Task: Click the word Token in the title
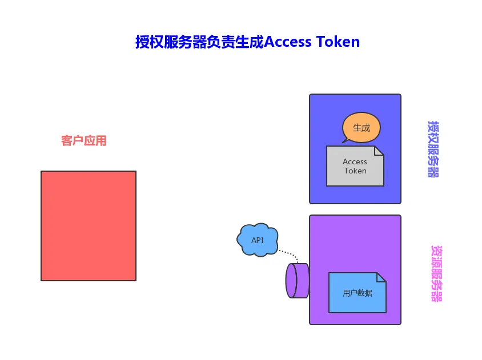pyautogui.click(x=338, y=42)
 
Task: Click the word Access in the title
pyautogui.click(x=288, y=42)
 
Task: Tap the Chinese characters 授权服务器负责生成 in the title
pyautogui.click(x=199, y=42)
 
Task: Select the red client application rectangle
pyautogui.click(x=89, y=226)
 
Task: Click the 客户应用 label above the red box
pyautogui.click(x=84, y=141)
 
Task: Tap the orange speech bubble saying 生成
pyautogui.click(x=361, y=127)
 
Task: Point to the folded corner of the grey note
pyautogui.click(x=379, y=151)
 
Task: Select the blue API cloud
pyautogui.click(x=258, y=240)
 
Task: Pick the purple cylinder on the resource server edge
pyautogui.click(x=298, y=281)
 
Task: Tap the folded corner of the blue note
pyautogui.click(x=381, y=277)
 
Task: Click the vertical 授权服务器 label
pyautogui.click(x=433, y=149)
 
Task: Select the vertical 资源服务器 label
pyautogui.click(x=436, y=274)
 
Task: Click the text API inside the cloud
pyautogui.click(x=258, y=240)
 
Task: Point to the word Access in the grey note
pyautogui.click(x=355, y=161)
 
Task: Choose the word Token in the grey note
pyautogui.click(x=355, y=171)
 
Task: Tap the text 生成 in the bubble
pyautogui.click(x=361, y=127)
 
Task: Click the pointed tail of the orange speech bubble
pyautogui.click(x=345, y=140)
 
